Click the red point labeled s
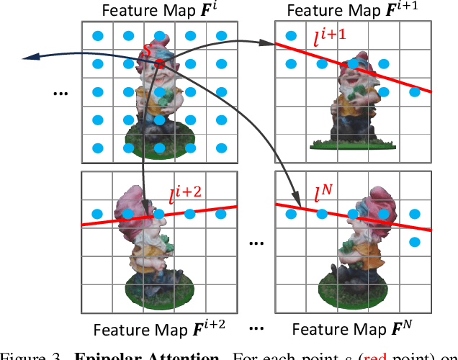[x=159, y=65]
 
